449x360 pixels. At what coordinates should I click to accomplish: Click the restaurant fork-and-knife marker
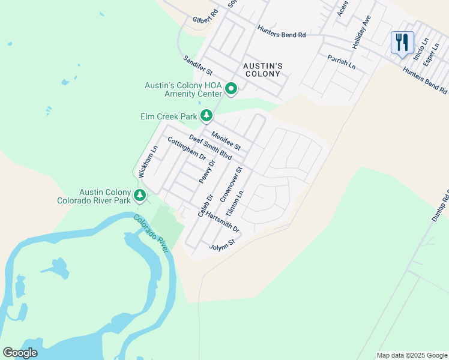pos(402,42)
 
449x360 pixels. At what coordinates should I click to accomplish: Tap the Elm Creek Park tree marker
pos(206,115)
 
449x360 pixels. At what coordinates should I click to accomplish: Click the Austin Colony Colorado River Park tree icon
pos(140,195)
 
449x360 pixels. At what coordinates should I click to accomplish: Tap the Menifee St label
pos(226,142)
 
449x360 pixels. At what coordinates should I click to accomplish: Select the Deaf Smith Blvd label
pos(210,147)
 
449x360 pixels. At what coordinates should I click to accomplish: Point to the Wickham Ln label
pos(148,161)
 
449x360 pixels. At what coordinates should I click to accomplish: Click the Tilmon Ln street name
pos(236,204)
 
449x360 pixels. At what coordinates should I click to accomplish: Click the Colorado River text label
pos(151,233)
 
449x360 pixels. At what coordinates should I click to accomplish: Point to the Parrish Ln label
pos(341,61)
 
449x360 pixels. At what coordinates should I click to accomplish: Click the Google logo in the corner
pos(20,353)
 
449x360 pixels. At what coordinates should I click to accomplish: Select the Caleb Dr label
pos(205,206)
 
